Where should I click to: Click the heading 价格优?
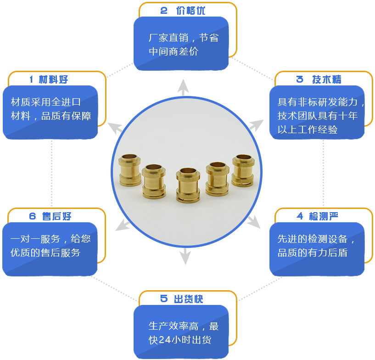190,11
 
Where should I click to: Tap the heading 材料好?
53,79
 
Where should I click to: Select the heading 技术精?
327,79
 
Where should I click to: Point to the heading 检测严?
323,216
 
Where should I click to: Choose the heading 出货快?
189,299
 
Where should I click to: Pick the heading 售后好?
56,216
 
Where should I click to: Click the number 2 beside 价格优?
164,11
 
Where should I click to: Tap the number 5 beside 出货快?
164,299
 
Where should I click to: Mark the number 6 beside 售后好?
33,216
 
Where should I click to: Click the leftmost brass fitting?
130,170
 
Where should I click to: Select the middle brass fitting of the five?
188,186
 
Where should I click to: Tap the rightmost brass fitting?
243,170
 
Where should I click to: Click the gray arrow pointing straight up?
183,87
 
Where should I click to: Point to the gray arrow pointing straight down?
185,256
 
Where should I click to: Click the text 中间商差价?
174,51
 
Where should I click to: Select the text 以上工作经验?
308,129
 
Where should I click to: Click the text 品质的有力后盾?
312,253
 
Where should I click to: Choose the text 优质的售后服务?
45,253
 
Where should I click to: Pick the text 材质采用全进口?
46,102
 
